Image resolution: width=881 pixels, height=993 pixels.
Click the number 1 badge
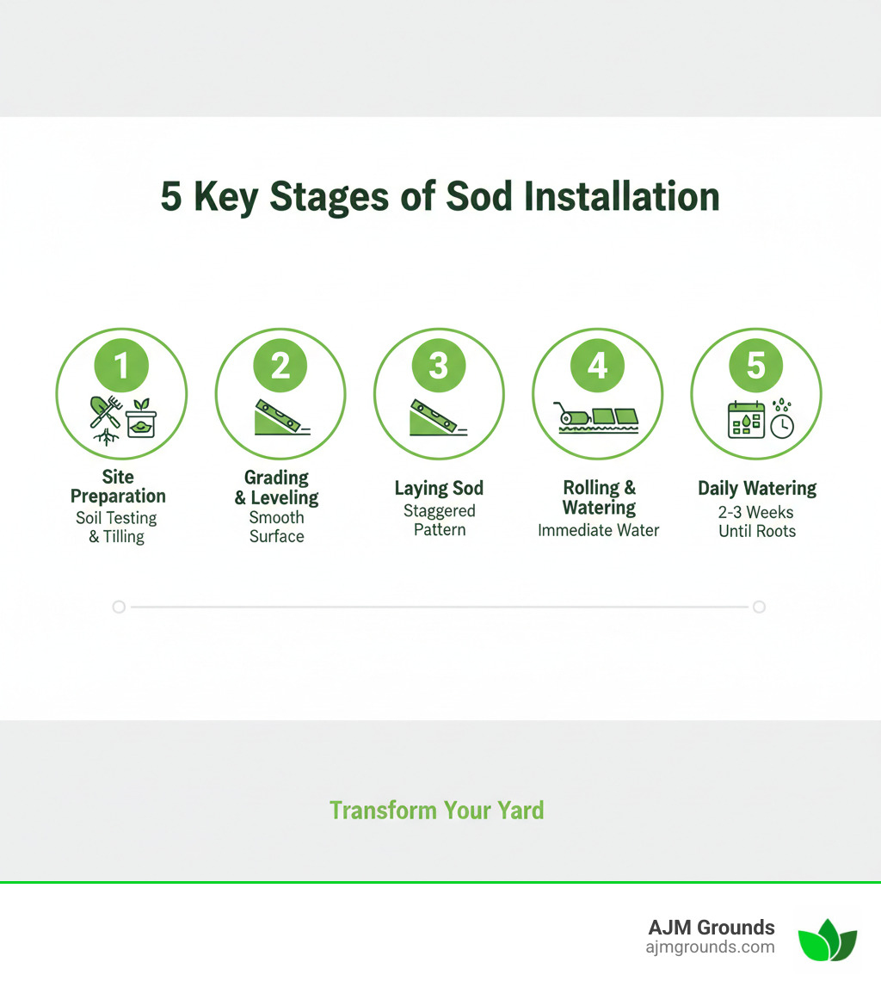click(121, 366)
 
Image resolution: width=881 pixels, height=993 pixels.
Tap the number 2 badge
click(280, 366)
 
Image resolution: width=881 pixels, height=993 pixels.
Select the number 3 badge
click(439, 366)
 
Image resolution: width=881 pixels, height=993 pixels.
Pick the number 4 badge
click(597, 366)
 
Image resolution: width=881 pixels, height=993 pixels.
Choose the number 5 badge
click(755, 366)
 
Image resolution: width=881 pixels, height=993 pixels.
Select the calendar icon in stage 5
click(745, 421)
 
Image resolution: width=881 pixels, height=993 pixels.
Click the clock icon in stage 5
click(781, 425)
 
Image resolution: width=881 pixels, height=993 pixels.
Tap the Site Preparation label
click(118, 487)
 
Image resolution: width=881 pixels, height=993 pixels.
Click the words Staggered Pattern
click(439, 520)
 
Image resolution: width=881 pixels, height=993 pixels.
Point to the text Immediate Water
click(598, 530)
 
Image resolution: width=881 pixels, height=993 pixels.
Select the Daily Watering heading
click(756, 488)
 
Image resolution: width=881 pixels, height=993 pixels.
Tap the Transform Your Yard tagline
click(436, 810)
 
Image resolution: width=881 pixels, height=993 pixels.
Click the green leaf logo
click(827, 940)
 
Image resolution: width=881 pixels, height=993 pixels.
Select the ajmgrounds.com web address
click(710, 947)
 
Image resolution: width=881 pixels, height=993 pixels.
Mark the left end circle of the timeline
click(119, 607)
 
